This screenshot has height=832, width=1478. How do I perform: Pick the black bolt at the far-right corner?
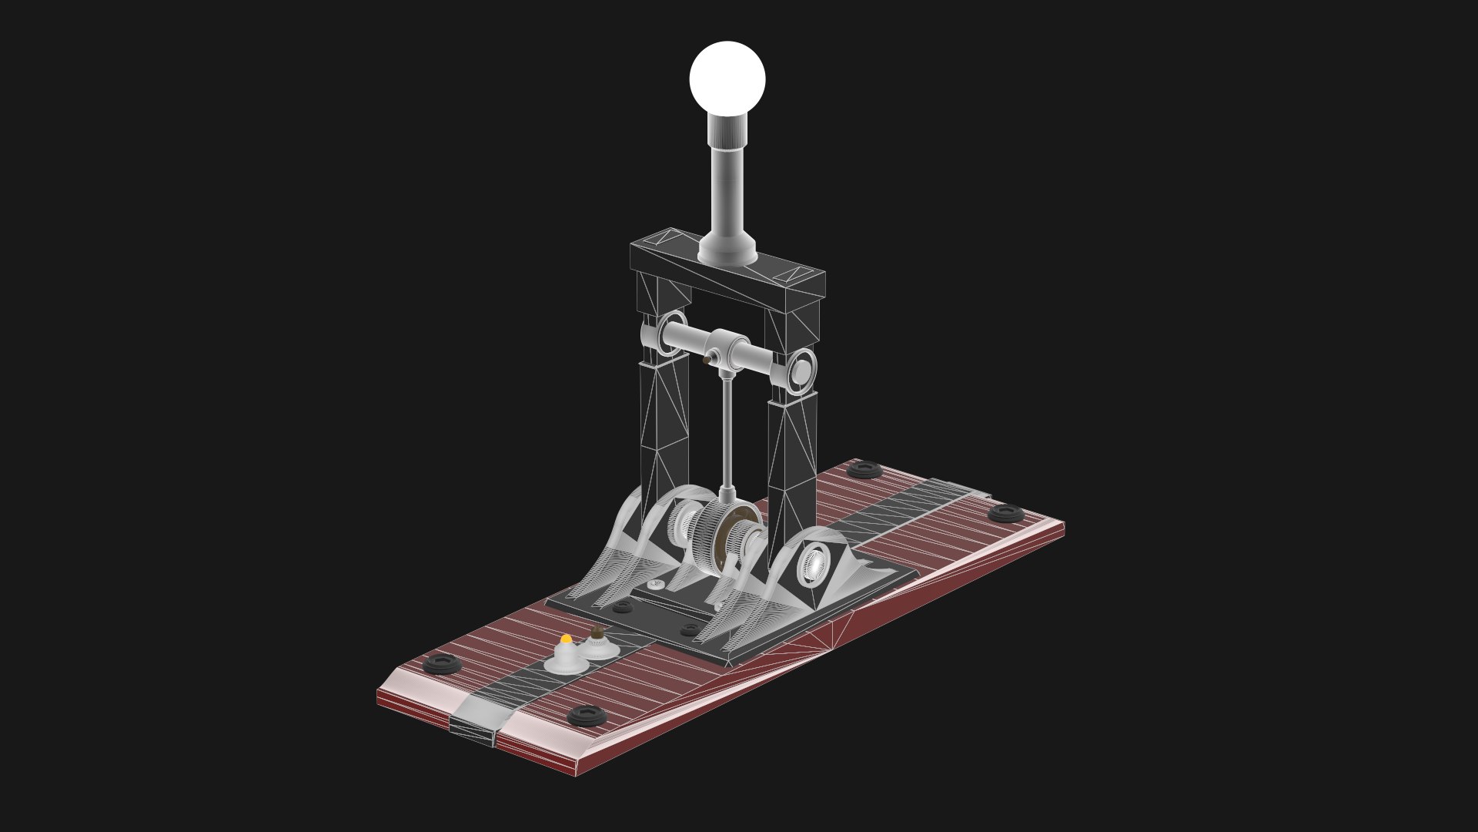[x=1005, y=512]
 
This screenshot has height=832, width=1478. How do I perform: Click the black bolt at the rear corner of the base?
[x=864, y=468]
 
